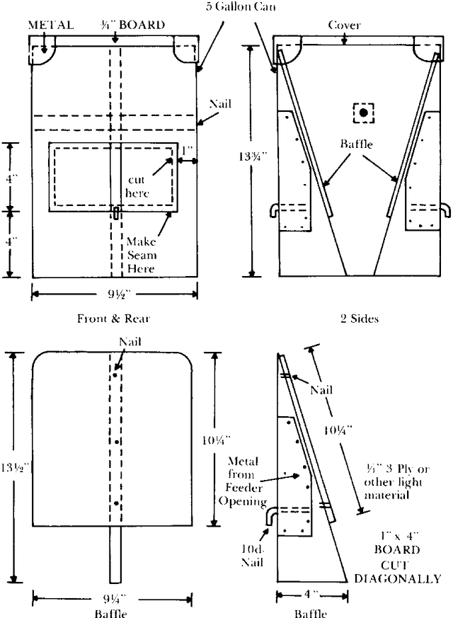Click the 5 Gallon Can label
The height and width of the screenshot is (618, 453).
coord(241,6)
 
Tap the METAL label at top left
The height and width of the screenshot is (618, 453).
coord(51,25)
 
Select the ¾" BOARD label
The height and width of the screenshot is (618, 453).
coord(132,25)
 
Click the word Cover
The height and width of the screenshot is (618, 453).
coord(344,25)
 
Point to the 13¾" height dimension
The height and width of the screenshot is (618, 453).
coord(253,156)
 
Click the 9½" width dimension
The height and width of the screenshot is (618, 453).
coord(117,294)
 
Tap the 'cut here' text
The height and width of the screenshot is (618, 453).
coord(137,186)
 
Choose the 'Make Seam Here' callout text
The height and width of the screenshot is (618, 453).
coord(142,255)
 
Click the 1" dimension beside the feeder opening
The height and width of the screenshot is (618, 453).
coord(187,151)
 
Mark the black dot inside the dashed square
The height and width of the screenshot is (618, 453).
coord(364,113)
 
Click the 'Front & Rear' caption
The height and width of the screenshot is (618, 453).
coord(113,319)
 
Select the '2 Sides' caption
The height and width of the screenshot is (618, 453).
coord(360,319)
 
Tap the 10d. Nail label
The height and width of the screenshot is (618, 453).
coord(252,555)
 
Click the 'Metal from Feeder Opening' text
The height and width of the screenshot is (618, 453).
coord(243,481)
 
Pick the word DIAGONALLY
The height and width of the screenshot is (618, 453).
coord(398,579)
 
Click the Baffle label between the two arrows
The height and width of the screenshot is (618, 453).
coord(357,144)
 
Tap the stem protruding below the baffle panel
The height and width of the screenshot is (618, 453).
coord(115,554)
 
